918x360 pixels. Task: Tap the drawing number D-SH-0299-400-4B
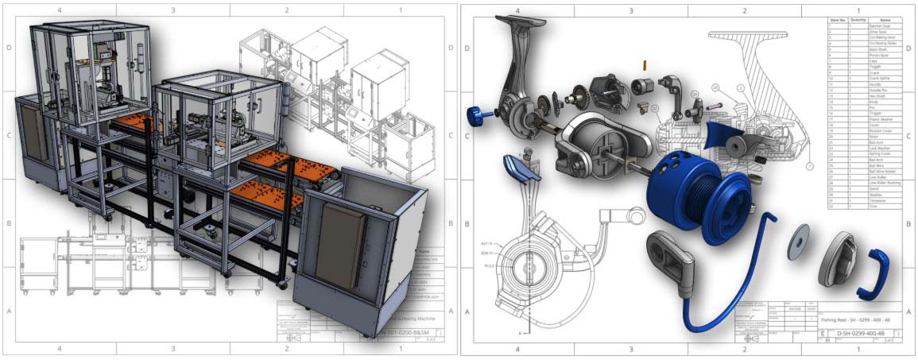coord(854,335)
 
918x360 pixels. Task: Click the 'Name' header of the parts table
coord(885,20)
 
